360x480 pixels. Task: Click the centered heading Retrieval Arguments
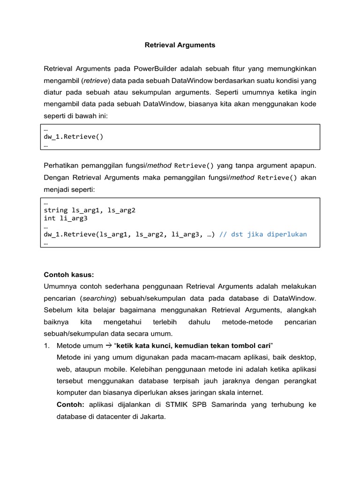(x=180, y=45)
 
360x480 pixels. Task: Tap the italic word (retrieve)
(x=93, y=81)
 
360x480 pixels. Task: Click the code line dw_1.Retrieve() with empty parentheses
(x=73, y=137)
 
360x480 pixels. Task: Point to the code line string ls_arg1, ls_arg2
(x=89, y=210)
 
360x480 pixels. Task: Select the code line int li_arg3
(x=65, y=218)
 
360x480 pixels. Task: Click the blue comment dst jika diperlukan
(x=262, y=234)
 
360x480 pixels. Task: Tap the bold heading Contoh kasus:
(x=68, y=274)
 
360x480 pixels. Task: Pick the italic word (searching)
(x=100, y=298)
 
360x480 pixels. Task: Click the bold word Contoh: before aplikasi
(x=71, y=405)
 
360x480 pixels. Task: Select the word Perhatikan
(x=63, y=165)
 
